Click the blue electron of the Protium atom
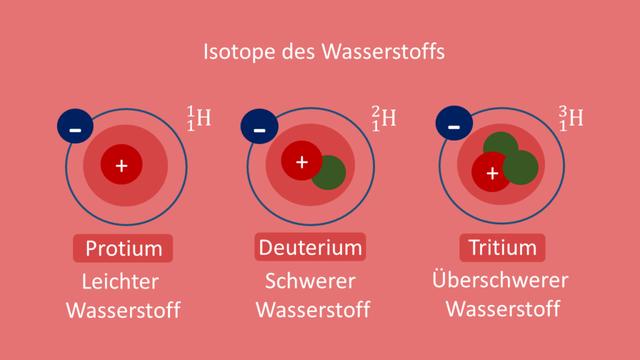click(x=75, y=127)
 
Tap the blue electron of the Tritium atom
click(x=454, y=125)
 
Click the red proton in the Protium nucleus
click(x=121, y=165)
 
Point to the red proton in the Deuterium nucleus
click(x=300, y=160)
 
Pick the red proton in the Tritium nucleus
click(x=491, y=173)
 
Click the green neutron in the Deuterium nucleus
click(x=327, y=173)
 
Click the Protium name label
click(x=123, y=248)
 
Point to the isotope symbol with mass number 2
click(x=383, y=119)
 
